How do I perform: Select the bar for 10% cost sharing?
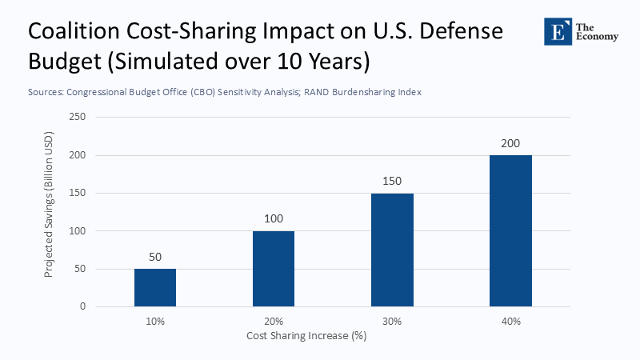point(155,287)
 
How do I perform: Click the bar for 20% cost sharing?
point(274,269)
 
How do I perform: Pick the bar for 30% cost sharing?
point(392,250)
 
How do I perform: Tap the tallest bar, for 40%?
point(510,230)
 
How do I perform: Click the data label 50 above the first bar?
point(155,258)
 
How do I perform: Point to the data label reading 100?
point(274,219)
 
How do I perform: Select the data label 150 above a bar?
point(392,182)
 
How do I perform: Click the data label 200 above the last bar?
point(510,144)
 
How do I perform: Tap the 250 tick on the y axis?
point(78,117)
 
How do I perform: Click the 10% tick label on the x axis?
point(155,321)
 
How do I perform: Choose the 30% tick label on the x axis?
point(392,321)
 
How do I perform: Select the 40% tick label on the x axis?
point(510,321)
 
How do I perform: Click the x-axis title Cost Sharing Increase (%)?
point(306,336)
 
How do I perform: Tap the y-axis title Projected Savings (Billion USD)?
point(50,211)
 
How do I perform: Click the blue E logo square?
point(557,31)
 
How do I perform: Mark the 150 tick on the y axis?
point(78,193)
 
